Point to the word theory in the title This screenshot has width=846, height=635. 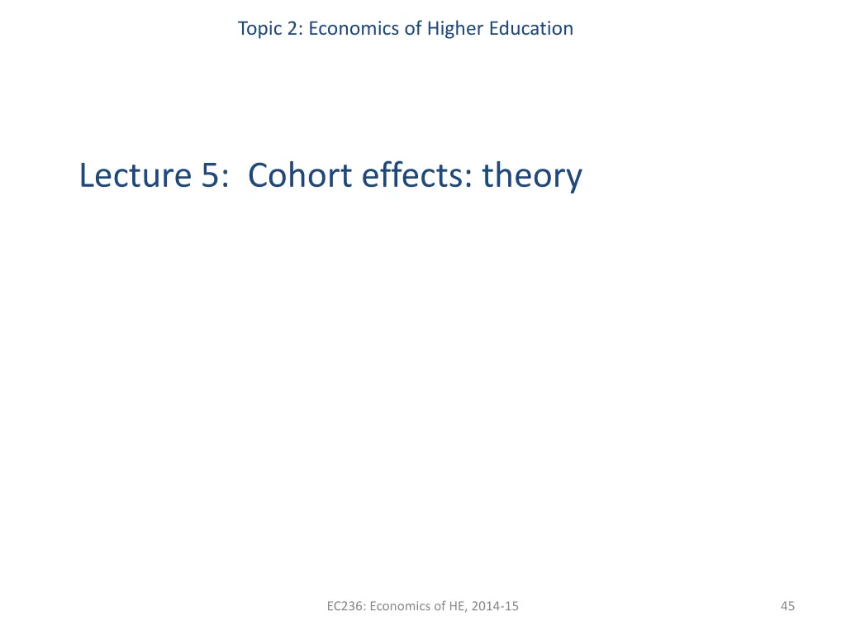(532, 177)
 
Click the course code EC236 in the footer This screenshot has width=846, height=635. (345, 607)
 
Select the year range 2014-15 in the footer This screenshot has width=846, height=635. (497, 607)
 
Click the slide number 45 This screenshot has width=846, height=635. (787, 607)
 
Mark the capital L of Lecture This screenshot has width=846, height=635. (87, 175)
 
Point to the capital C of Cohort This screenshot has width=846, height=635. (257, 175)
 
